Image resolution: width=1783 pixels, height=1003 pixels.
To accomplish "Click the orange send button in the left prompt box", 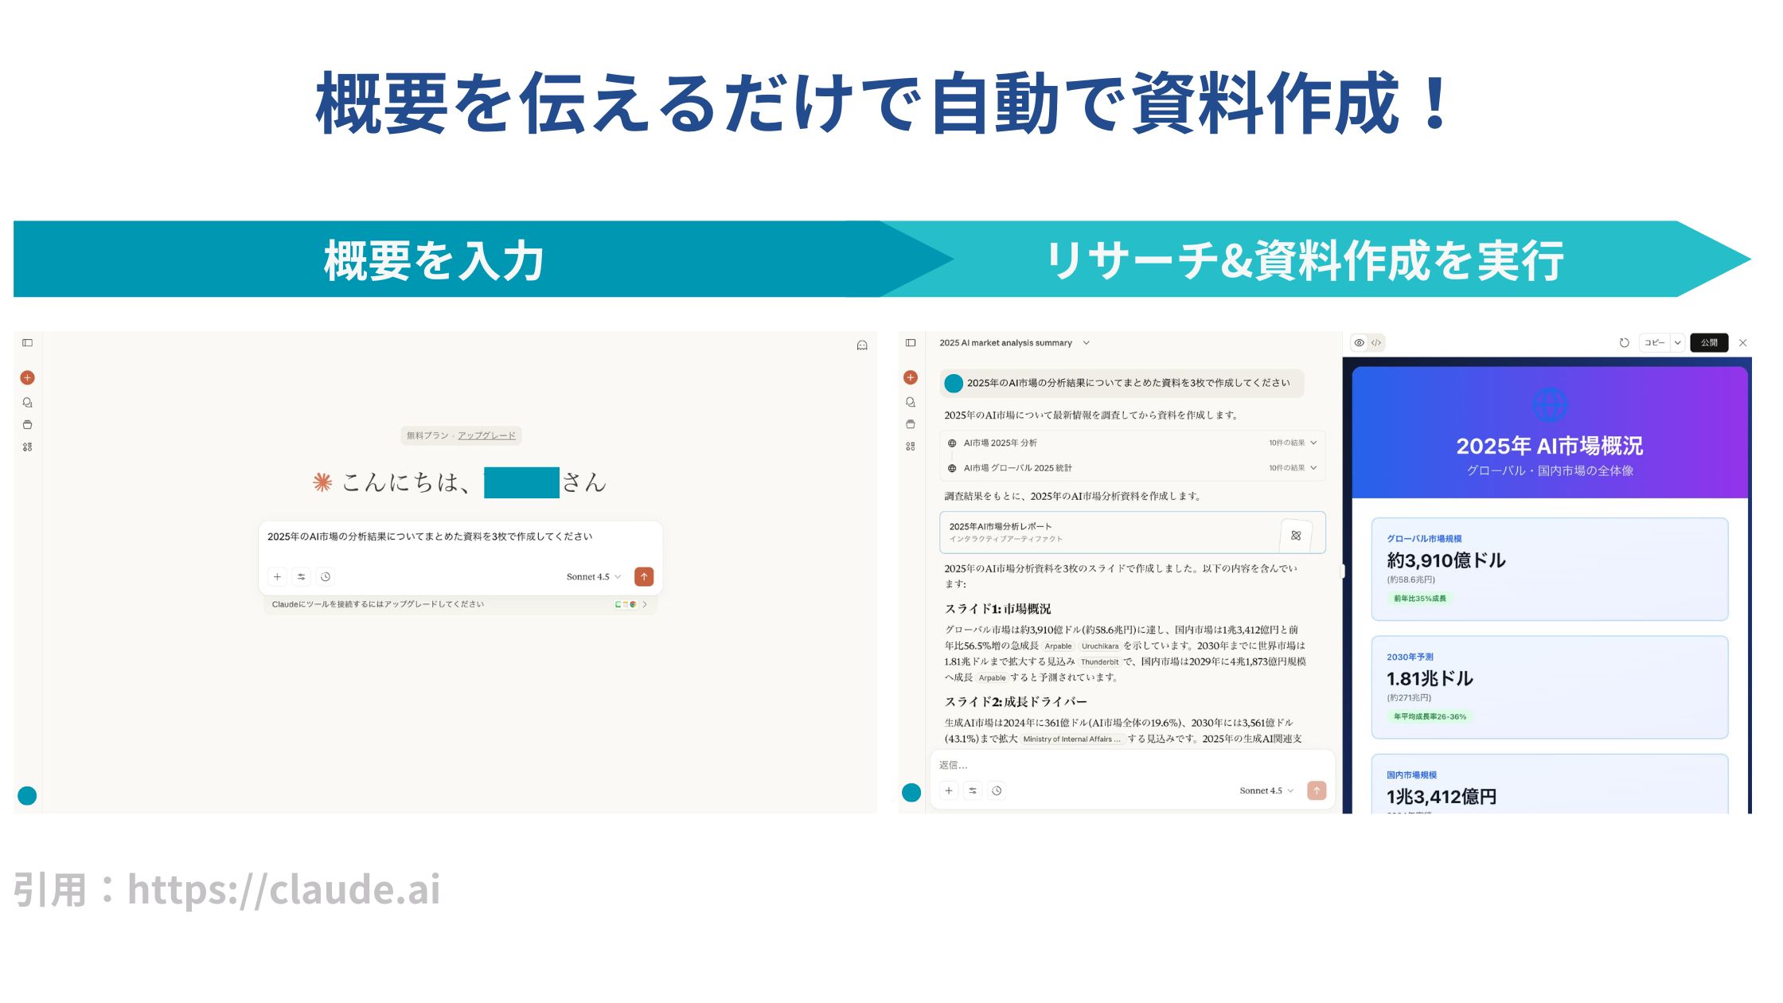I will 644,576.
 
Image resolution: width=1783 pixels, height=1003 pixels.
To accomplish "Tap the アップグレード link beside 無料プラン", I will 486,435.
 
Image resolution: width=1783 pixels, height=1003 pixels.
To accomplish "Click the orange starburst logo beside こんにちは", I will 322,482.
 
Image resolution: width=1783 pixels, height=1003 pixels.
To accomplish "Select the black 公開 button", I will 1708,343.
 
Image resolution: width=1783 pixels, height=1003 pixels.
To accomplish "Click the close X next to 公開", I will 1742,343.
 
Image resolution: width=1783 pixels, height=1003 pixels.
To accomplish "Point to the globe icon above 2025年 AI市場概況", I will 1549,405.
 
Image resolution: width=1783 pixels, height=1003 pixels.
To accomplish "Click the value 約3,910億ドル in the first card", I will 1446,560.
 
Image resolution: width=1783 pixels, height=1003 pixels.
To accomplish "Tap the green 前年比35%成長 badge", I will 1419,599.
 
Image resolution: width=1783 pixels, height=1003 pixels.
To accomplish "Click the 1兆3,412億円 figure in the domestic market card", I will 1441,796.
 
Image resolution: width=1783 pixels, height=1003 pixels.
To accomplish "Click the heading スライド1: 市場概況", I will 997,609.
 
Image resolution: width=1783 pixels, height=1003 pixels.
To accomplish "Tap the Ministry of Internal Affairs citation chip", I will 1071,740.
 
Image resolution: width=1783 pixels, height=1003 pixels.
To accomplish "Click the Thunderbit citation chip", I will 1099,662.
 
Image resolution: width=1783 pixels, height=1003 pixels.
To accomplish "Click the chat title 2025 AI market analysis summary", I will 1005,343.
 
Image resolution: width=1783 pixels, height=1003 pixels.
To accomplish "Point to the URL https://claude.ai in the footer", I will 283,889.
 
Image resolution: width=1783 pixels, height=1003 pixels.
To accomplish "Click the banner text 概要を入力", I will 434,260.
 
